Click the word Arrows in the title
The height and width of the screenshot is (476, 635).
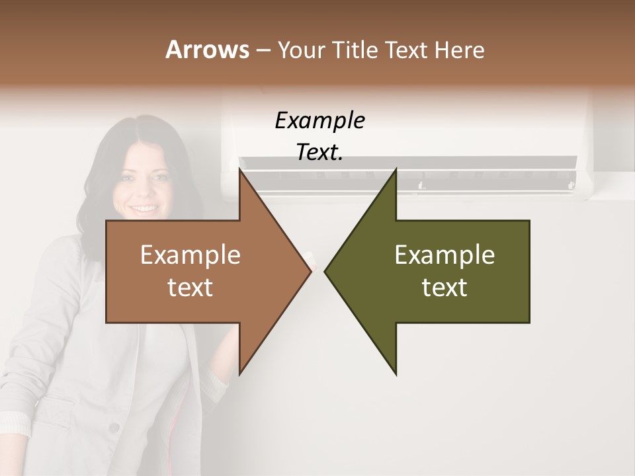point(207,50)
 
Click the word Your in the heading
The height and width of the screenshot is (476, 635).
point(300,50)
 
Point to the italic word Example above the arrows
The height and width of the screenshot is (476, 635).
point(319,120)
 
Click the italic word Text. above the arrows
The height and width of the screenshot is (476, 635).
point(319,152)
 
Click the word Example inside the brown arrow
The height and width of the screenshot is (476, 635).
point(190,255)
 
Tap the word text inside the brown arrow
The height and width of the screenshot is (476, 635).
point(190,287)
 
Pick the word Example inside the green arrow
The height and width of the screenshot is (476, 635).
point(444,255)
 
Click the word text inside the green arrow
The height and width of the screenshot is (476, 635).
point(444,287)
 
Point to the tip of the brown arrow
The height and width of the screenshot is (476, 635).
point(310,271)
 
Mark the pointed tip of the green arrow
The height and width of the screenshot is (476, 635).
point(326,271)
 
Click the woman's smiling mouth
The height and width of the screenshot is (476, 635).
point(144,208)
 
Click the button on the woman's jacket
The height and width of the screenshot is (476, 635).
point(114,428)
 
